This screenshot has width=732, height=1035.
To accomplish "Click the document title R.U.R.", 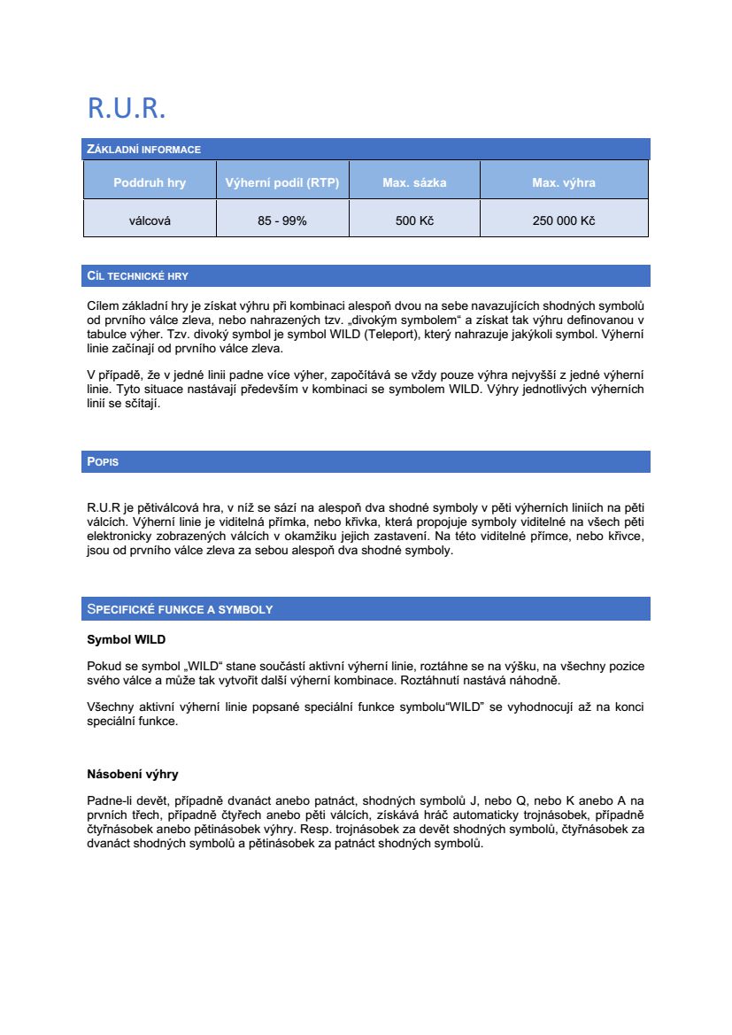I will [127, 108].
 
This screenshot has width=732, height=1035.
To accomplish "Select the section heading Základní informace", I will [143, 150].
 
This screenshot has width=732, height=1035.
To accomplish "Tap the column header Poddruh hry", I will [150, 183].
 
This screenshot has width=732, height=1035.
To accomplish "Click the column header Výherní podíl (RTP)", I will [282, 183].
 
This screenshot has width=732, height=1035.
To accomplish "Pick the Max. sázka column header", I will [414, 183].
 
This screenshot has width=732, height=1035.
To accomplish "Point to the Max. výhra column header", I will [564, 183].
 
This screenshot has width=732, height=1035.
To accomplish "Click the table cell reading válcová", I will [150, 220].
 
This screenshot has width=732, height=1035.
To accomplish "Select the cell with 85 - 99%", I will [282, 220].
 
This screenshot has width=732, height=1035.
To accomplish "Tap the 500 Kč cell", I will [414, 220].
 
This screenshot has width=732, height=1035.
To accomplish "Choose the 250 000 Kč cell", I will [564, 220].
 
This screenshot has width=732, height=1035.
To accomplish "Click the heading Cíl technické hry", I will [137, 276].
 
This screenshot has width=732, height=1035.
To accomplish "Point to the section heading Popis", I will [103, 462].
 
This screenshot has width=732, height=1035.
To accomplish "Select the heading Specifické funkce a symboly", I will [180, 609].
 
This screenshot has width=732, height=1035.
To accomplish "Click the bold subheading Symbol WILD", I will [126, 639].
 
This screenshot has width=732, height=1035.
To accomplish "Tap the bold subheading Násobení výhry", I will [133, 774].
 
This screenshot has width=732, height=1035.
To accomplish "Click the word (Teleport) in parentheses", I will [389, 334].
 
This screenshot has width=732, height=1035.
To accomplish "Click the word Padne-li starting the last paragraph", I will [109, 800].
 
